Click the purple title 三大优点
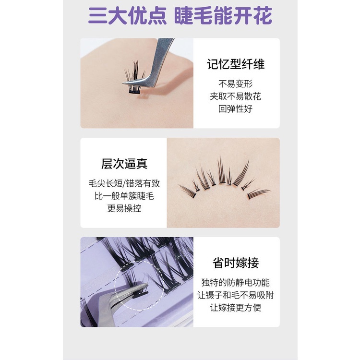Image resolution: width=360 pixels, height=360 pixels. click(127, 16)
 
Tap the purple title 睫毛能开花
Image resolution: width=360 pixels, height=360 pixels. click(223, 16)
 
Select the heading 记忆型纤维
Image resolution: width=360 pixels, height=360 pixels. click(236, 64)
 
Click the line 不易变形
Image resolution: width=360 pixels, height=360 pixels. click(236, 84)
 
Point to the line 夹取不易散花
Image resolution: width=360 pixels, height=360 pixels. click(236, 96)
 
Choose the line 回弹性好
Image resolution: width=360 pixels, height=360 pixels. click(236, 109)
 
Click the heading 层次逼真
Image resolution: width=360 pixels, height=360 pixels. click(124, 164)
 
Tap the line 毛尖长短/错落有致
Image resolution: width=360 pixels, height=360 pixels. click(124, 184)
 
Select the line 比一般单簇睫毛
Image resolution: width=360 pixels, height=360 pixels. click(124, 196)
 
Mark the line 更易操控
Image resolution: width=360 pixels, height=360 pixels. click(124, 208)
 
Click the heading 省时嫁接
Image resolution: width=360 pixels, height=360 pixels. click(236, 263)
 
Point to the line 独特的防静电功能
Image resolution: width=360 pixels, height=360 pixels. click(236, 283)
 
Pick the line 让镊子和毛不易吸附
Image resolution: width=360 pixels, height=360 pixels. click(236, 295)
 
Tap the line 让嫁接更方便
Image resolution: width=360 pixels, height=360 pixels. click(236, 308)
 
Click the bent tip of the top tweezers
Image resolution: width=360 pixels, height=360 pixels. click(124, 83)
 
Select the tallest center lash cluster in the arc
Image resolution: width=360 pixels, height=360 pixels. click(221, 171)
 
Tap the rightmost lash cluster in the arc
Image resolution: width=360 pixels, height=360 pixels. click(258, 193)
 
